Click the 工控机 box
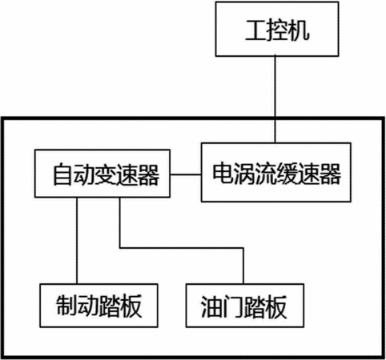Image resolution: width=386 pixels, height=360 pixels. coord(277,29)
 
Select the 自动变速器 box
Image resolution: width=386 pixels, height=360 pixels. coord(103,174)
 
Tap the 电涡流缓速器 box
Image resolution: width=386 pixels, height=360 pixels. coord(276,172)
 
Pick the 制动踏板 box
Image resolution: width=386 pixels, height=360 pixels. coord(99,306)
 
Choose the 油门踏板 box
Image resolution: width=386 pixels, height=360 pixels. coord(245,306)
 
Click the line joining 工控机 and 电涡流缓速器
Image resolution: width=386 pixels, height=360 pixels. coord(275,99)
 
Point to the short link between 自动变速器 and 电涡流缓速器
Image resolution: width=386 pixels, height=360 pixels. coord(186,174)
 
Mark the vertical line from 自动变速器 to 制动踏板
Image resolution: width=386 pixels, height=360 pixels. coord(77,241)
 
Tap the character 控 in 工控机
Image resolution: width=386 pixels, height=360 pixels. coord(277,30)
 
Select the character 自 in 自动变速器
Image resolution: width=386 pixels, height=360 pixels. coord(62,174)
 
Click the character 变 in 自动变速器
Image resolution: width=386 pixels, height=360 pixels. coord(106,174)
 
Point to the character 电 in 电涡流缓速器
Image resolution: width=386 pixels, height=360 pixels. coord(223,174)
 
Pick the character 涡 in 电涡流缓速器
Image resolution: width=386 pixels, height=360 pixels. coord(243,174)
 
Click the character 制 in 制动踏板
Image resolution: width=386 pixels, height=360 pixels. coord(66,306)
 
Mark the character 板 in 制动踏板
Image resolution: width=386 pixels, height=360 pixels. coord(131,306)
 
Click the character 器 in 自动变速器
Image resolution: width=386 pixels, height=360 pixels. coord(149,174)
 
